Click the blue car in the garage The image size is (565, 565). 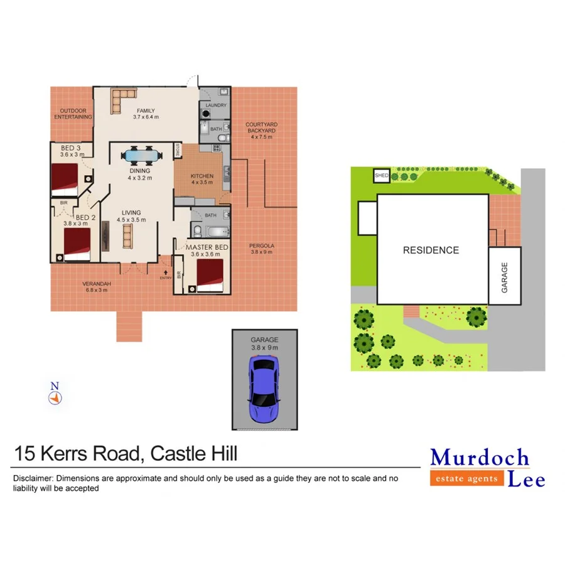[264, 389]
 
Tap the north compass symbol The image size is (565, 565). [55, 394]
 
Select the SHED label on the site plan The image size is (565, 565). [381, 176]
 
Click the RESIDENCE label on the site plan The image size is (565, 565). [431, 250]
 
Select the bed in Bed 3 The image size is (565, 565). [64, 178]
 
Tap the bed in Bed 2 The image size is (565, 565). [77, 244]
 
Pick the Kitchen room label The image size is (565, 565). [202, 176]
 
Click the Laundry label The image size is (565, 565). [215, 105]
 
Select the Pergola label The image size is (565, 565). [262, 245]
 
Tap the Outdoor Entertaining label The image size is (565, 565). [73, 114]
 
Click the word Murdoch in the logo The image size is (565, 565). [480, 457]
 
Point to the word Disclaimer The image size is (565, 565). [31, 478]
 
